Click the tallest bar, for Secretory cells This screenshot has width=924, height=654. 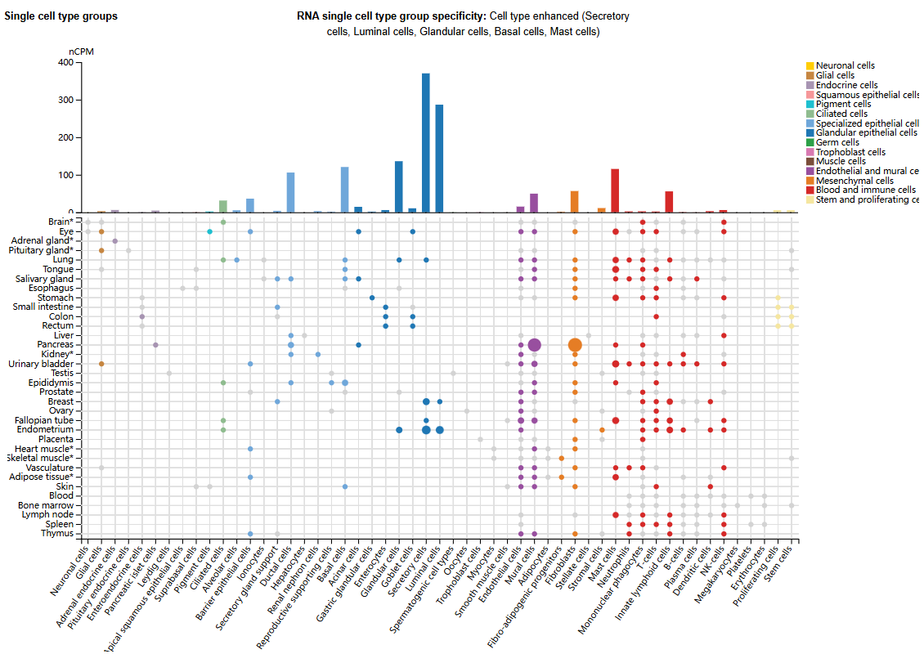pyautogui.click(x=426, y=143)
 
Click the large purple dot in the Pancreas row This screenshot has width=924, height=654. pyautogui.click(x=534, y=345)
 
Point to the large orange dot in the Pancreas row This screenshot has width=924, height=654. pyautogui.click(x=575, y=345)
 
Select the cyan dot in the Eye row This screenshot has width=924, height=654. pyautogui.click(x=210, y=232)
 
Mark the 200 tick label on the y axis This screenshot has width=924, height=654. pyautogui.click(x=66, y=138)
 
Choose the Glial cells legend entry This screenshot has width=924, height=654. pyautogui.click(x=835, y=75)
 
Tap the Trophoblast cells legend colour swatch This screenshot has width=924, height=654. pyautogui.click(x=810, y=152)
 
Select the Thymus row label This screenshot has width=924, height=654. pyautogui.click(x=59, y=534)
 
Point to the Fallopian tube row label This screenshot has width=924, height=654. pyautogui.click(x=49, y=420)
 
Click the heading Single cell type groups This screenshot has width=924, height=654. pyautogui.click(x=61, y=16)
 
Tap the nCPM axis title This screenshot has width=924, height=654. pyautogui.click(x=81, y=52)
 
